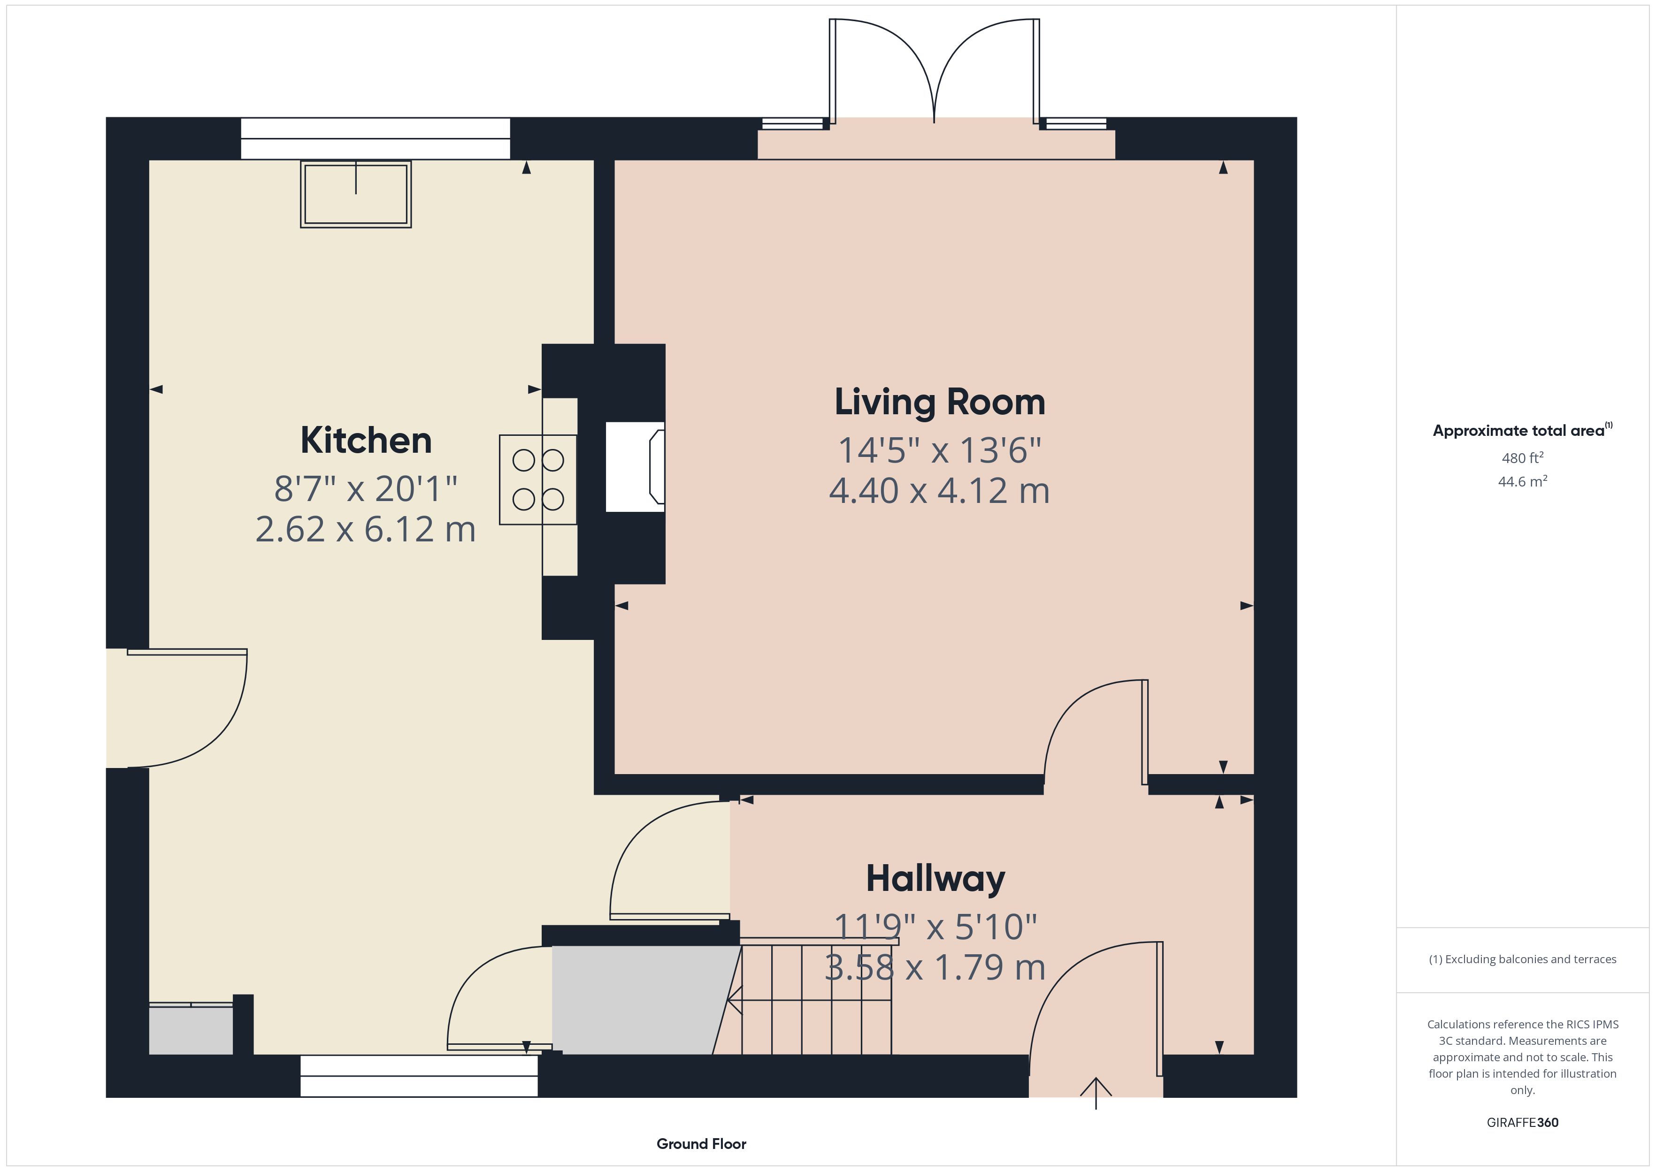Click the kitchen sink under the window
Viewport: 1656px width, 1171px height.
(356, 195)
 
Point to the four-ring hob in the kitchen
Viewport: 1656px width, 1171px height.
(538, 479)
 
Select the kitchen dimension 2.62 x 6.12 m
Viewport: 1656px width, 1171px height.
(366, 529)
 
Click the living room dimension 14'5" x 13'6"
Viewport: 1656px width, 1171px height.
(940, 451)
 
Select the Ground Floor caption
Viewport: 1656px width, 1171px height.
(701, 1144)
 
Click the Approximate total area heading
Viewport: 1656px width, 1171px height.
(1522, 431)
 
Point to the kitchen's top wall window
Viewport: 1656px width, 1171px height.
(375, 138)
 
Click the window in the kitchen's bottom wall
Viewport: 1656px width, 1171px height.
(419, 1076)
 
